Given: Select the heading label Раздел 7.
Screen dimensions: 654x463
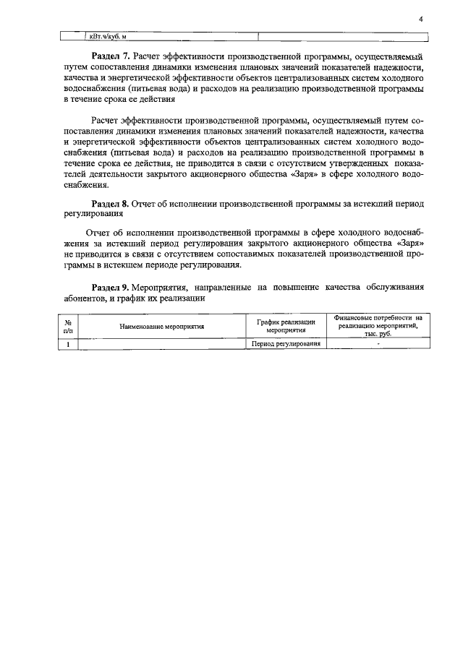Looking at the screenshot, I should coord(111,55).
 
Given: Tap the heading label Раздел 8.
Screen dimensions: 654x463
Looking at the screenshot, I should coord(111,205).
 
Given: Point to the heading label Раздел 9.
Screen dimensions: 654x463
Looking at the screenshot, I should coord(111,288).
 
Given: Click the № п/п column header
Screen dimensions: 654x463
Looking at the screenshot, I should coord(68,326).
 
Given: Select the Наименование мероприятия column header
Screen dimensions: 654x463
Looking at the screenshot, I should coord(162,327).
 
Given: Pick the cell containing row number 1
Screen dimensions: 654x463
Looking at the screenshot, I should coord(68,344).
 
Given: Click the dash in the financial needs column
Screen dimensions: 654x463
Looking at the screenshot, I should coord(378,344).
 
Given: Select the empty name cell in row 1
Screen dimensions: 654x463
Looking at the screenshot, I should coord(162,344).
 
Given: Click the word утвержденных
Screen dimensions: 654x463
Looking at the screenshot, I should coord(352,164).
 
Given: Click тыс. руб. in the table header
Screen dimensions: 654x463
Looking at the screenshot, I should coord(378,335).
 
